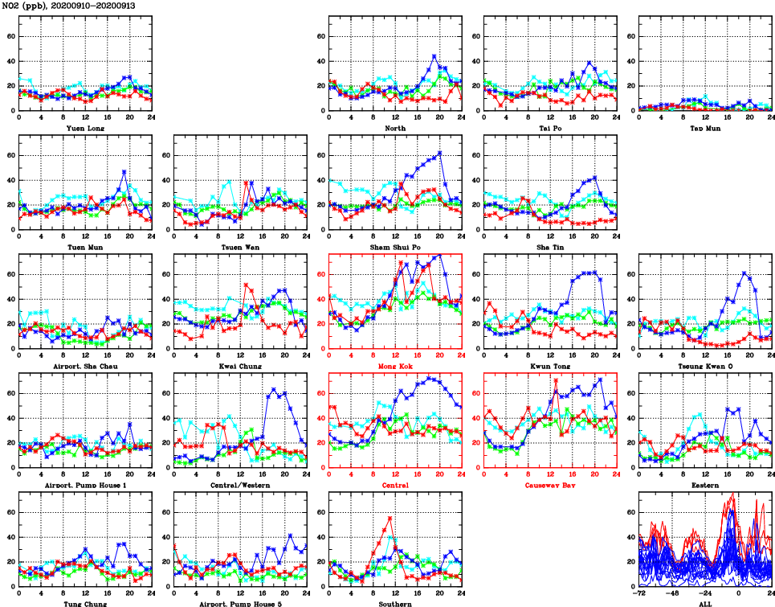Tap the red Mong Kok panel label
[x=394, y=366]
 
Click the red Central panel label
[x=394, y=486]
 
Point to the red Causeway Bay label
[x=549, y=486]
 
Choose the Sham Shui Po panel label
[x=394, y=247]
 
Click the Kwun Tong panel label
[x=549, y=366]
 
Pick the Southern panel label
[x=394, y=604]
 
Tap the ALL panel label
[x=704, y=604]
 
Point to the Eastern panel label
[x=704, y=486]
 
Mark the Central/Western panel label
[x=239, y=486]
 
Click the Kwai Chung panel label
[x=239, y=366]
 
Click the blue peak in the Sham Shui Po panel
[x=440, y=153]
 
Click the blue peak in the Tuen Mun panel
[x=124, y=171]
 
